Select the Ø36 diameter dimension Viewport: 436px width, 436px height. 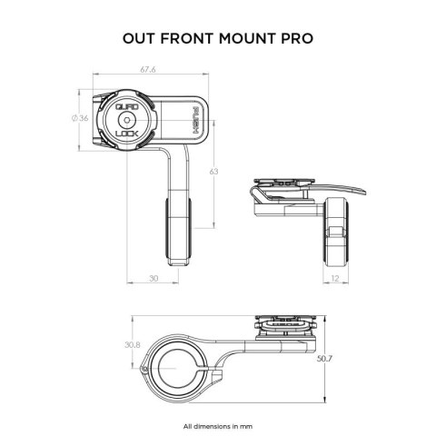click(x=78, y=118)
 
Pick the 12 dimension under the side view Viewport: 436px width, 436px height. click(x=334, y=279)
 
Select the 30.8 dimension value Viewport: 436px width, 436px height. click(x=133, y=345)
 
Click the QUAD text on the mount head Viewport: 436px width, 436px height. click(x=129, y=106)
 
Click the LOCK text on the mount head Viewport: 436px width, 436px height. click(x=129, y=133)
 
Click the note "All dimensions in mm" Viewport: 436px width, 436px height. click(x=217, y=425)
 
